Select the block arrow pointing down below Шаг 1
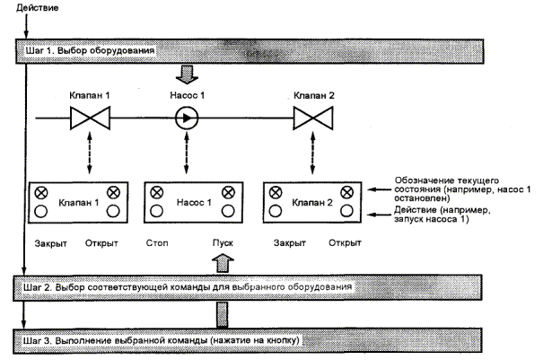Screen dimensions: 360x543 [188, 71]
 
